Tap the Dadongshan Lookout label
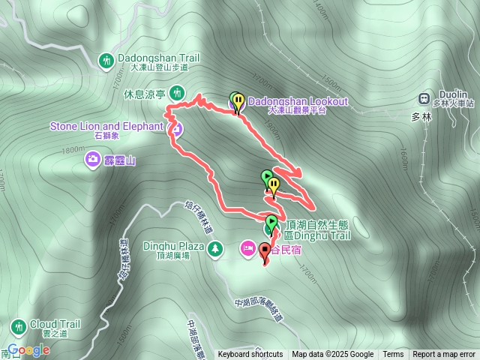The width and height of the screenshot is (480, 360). (298, 101)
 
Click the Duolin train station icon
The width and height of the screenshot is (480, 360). (424, 98)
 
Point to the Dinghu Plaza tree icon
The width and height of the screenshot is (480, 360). (216, 247)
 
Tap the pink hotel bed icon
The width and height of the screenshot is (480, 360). (247, 247)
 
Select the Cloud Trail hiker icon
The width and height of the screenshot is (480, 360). (18, 326)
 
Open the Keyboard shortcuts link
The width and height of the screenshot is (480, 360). (250, 355)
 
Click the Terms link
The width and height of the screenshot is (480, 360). (393, 355)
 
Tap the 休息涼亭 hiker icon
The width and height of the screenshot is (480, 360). (177, 93)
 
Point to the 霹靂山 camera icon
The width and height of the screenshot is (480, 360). (93, 158)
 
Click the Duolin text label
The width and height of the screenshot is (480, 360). (454, 95)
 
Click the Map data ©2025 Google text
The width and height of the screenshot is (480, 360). (333, 355)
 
